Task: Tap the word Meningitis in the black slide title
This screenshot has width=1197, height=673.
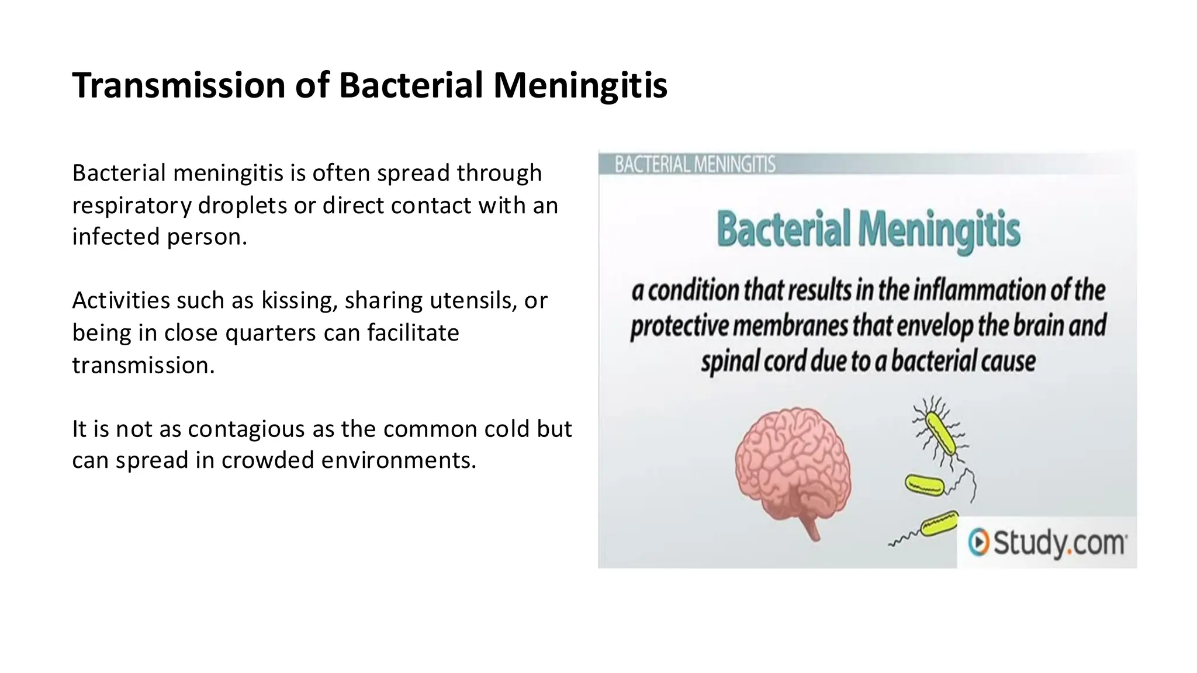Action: point(580,85)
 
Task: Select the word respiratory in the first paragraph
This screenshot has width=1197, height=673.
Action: point(132,206)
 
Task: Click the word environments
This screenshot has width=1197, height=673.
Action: point(399,460)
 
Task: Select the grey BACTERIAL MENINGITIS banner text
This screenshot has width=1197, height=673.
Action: point(694,165)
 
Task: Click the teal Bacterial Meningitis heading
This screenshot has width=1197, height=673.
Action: point(868,230)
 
